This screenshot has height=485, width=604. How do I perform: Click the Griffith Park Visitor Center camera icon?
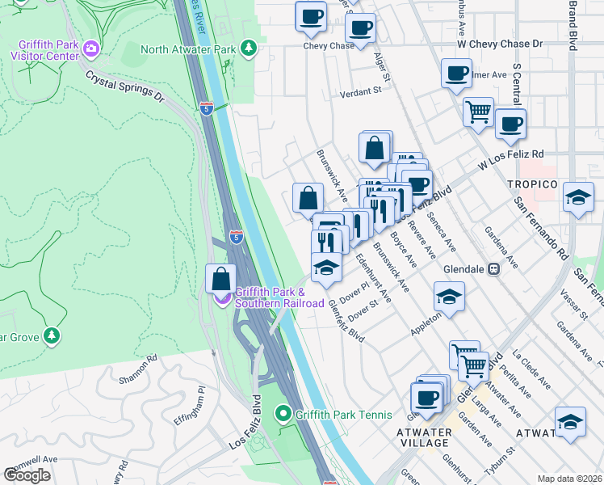tap(91, 49)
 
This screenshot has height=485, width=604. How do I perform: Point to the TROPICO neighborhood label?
tap(532, 185)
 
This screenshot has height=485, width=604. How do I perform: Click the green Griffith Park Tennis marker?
tap(283, 415)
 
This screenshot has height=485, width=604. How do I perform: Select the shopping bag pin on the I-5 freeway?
tap(221, 279)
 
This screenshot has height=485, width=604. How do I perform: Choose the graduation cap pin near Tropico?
tap(578, 197)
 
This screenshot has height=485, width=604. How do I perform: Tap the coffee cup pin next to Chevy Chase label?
tap(360, 28)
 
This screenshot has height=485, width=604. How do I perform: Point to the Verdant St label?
tap(360, 91)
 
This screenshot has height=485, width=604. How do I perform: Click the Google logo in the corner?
tap(27, 475)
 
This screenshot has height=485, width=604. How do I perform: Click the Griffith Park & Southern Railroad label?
tap(268, 297)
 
